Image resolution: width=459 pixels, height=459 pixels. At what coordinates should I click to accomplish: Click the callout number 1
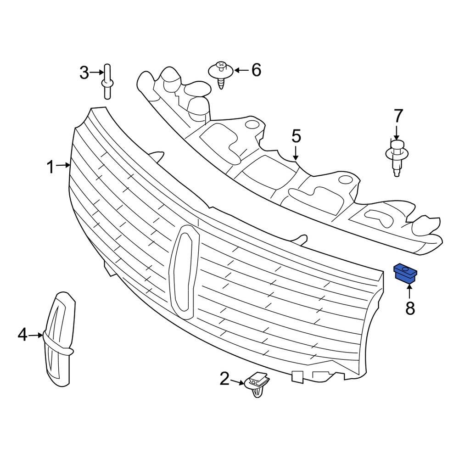click(51, 167)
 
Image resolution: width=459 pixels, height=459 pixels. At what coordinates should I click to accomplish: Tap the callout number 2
click(224, 379)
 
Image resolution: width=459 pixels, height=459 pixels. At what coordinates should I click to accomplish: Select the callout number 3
click(84, 73)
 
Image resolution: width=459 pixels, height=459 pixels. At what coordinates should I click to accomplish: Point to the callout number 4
click(23, 336)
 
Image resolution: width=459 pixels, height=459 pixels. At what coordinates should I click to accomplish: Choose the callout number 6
click(256, 70)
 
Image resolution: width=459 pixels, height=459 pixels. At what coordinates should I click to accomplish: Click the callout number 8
click(410, 308)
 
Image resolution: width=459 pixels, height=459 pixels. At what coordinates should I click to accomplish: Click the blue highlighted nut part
click(405, 273)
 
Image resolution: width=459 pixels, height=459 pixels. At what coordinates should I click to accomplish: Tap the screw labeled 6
click(221, 73)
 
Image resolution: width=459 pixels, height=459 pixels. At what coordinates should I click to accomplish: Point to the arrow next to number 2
click(238, 381)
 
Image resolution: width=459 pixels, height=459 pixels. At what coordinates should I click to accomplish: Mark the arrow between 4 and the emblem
click(36, 336)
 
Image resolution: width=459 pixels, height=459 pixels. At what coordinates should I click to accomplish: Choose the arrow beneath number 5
click(296, 152)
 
